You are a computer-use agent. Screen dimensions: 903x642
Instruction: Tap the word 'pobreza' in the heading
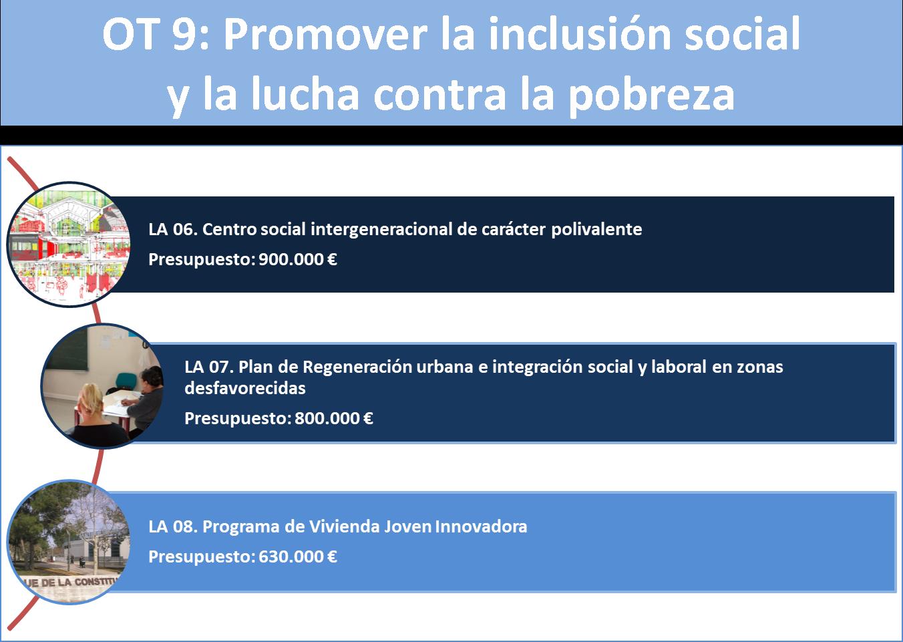652,96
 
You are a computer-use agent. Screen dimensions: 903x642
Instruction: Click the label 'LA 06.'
173,229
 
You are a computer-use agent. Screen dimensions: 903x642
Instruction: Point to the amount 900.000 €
297,259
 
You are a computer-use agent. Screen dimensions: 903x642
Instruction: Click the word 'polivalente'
596,229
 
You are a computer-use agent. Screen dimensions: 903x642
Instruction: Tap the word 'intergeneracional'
381,230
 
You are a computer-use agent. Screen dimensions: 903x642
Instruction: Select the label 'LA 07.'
209,367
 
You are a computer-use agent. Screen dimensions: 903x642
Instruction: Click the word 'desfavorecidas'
245,388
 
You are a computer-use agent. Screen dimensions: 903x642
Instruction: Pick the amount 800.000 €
334,418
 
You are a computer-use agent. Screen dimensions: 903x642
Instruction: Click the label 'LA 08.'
173,526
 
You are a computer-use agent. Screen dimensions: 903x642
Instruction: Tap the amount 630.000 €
297,556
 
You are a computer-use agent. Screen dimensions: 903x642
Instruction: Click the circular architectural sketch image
69,245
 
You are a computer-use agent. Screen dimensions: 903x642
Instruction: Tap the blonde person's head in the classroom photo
91,399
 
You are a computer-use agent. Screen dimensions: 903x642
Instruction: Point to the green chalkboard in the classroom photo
67,349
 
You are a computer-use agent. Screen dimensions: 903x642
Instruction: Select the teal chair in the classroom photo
126,381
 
